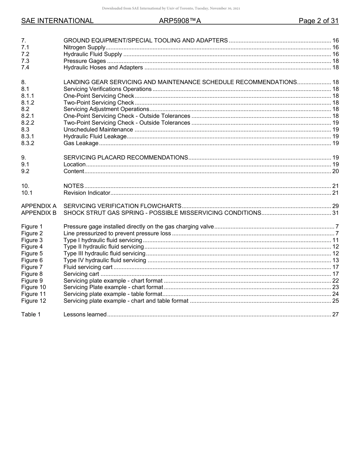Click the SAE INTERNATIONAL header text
tap(57, 21)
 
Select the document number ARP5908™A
tap(180, 21)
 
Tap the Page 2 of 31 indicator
tap(318, 21)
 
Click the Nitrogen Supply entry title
tap(84, 47)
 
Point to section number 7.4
tap(25, 67)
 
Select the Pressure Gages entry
tap(85, 61)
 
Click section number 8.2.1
tap(28, 116)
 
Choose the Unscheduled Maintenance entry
tap(98, 130)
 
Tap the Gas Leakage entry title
tap(81, 143)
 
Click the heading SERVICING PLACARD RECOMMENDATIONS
tap(125, 158)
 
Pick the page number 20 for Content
tap(335, 171)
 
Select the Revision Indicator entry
tap(87, 193)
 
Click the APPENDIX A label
tap(39, 206)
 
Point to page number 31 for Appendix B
tap(335, 213)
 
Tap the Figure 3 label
tap(32, 240)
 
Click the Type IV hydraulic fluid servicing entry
tap(105, 260)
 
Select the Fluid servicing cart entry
tap(88, 267)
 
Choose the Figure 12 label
tap(33, 301)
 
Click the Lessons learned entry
tap(85, 314)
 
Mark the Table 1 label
tap(31, 314)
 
